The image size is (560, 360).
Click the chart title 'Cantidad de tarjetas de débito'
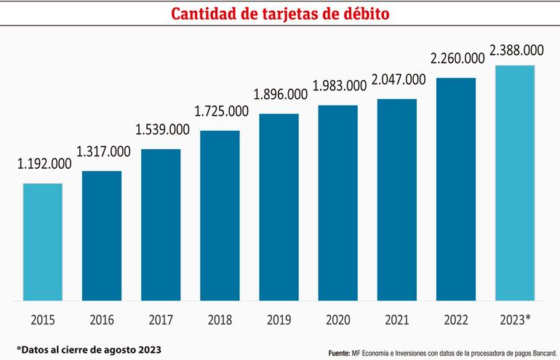280,15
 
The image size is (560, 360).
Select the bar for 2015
42,241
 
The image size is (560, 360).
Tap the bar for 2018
220,215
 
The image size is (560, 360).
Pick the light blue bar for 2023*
514,183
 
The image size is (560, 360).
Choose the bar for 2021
396,199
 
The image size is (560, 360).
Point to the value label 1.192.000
44,164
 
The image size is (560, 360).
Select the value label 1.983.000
339,86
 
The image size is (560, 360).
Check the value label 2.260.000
457,58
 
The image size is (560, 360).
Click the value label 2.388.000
517,50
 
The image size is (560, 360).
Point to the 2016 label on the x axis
102,319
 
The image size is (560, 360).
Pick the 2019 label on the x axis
279,319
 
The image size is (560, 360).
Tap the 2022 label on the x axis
456,319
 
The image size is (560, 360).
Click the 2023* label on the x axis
516,319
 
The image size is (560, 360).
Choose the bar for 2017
161,225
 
